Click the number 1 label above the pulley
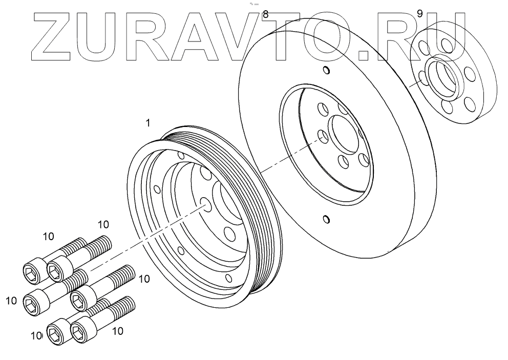147,123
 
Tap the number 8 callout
265,14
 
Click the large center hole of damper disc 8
344,135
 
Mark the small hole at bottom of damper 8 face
326,220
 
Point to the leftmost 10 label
11,301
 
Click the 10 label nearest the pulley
144,279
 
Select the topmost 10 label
103,224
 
